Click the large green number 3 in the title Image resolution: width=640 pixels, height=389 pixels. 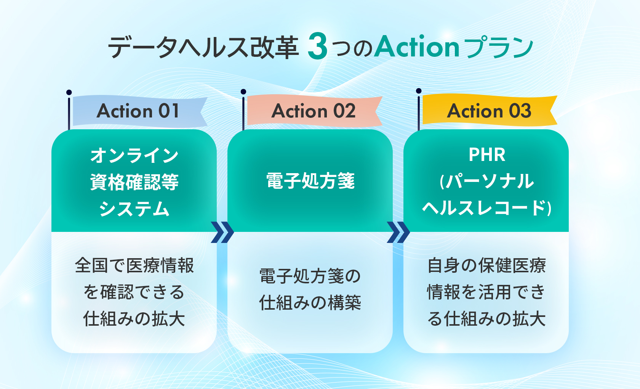(317, 46)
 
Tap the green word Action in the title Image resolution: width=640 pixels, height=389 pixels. (417, 46)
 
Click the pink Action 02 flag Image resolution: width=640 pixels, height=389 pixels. (315, 111)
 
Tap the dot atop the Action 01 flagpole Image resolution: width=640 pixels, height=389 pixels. (69, 92)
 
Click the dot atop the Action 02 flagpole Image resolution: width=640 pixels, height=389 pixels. (243, 92)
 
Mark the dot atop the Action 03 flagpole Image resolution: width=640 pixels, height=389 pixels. (419, 91)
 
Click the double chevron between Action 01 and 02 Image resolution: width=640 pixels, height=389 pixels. (222, 232)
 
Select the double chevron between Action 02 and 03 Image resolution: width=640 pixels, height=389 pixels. (398, 232)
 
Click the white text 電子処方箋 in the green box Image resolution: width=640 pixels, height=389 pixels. (310, 181)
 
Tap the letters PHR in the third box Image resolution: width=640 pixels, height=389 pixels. (487, 155)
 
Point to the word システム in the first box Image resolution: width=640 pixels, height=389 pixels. (134, 209)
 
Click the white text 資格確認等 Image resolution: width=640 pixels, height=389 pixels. (134, 182)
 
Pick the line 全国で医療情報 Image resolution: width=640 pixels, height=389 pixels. (134, 265)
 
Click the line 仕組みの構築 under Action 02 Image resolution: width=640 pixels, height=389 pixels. (310, 303)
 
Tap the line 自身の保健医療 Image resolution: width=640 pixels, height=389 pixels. (486, 265)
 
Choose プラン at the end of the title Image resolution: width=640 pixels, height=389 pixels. (498, 47)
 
